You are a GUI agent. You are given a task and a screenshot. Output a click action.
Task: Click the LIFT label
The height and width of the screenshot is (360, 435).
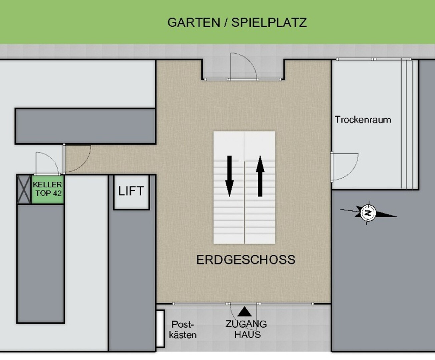pyautogui.click(x=131, y=191)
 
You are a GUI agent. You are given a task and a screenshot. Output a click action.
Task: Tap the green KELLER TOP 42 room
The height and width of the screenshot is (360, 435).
pyautogui.click(x=47, y=189)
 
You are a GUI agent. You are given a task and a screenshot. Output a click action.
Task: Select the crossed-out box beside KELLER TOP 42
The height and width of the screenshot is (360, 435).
pyautogui.click(x=24, y=189)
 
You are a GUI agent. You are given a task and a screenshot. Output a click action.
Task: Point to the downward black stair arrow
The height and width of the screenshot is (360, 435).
pyautogui.click(x=229, y=176)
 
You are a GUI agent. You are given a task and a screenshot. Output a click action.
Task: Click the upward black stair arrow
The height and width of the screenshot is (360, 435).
pyautogui.click(x=260, y=176)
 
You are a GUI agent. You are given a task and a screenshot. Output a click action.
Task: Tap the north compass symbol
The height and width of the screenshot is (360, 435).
pyautogui.click(x=368, y=213)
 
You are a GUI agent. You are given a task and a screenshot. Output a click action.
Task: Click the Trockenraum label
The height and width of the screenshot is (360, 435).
pyautogui.click(x=363, y=120)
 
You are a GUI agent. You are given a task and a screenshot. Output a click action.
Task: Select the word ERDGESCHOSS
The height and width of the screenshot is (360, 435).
pyautogui.click(x=246, y=260)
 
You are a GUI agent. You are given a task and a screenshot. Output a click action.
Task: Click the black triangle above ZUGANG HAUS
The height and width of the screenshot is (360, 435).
pyautogui.click(x=245, y=312)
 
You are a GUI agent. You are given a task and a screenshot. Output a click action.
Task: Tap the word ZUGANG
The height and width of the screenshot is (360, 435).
pyautogui.click(x=246, y=324)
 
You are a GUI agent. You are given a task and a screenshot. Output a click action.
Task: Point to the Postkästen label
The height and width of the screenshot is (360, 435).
pyautogui.click(x=183, y=330)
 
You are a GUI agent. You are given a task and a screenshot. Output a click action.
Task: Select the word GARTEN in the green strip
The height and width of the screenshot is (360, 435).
pyautogui.click(x=194, y=22)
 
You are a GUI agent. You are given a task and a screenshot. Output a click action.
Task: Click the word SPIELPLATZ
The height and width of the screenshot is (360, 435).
pyautogui.click(x=269, y=22)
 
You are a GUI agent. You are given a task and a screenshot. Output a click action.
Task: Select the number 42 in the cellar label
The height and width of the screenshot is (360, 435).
pyautogui.click(x=57, y=193)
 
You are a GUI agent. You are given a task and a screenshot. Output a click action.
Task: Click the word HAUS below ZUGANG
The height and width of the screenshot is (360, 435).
pyautogui.click(x=247, y=335)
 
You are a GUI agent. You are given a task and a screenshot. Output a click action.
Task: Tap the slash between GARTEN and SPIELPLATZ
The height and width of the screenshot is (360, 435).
pyautogui.click(x=226, y=22)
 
